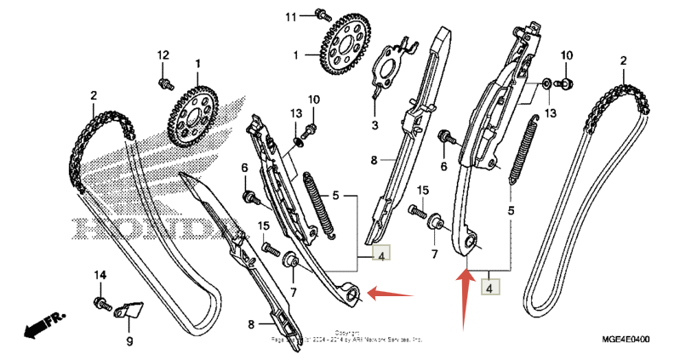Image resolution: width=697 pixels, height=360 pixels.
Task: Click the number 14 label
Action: click(100, 276)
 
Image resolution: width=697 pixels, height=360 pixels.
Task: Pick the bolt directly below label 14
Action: click(102, 303)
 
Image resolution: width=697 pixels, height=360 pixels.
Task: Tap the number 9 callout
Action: click(130, 341)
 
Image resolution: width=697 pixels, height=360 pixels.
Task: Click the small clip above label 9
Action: click(130, 313)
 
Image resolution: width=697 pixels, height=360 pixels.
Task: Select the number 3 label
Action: click(375, 125)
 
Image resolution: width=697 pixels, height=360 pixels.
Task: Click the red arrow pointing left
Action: click(392, 294)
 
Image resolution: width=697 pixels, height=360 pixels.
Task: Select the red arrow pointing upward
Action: click(464, 298)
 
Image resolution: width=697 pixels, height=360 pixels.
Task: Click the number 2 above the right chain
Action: click(623, 61)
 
